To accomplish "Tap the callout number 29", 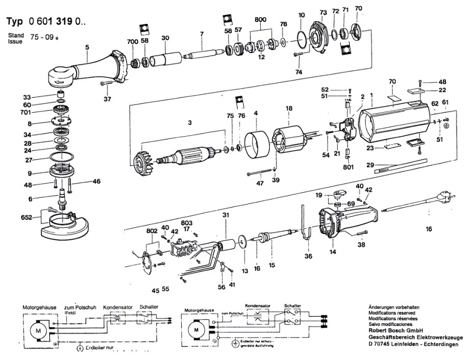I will [x=369, y=164].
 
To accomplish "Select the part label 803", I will [x=186, y=222].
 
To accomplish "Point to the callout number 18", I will [x=289, y=109].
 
